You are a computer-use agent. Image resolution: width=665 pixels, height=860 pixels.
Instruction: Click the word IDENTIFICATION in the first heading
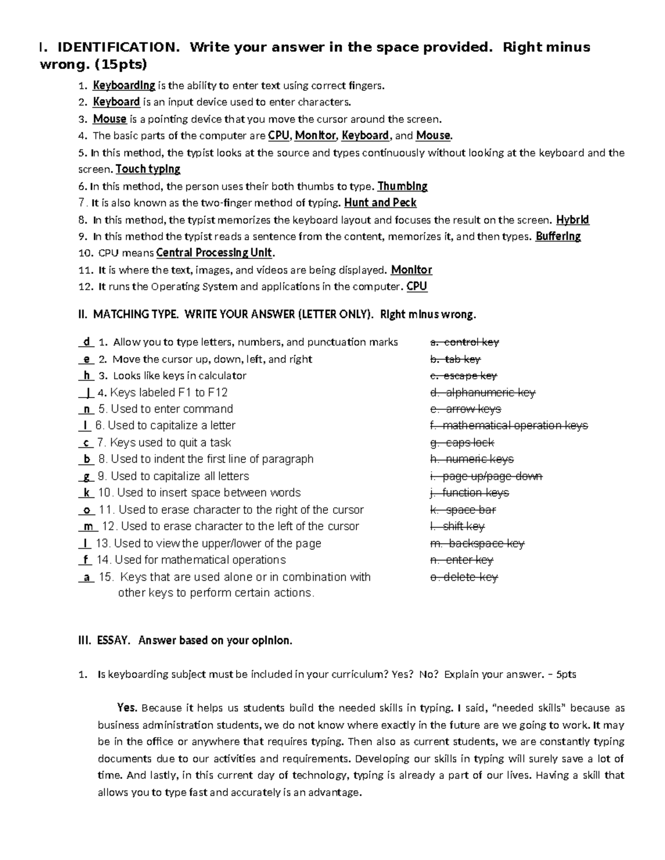pyautogui.click(x=119, y=48)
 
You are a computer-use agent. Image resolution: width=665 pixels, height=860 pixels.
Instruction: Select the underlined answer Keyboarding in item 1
pyautogui.click(x=124, y=85)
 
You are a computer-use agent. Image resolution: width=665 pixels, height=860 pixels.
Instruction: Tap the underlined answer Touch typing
pyautogui.click(x=148, y=169)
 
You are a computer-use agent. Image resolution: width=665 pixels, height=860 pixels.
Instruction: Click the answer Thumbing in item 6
pyautogui.click(x=402, y=186)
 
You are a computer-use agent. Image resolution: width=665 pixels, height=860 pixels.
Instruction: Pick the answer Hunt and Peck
pyautogui.click(x=380, y=203)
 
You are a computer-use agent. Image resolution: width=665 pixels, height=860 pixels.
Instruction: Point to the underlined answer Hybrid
pyautogui.click(x=572, y=220)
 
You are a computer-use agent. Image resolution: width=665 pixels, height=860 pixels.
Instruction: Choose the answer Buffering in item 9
pyautogui.click(x=558, y=236)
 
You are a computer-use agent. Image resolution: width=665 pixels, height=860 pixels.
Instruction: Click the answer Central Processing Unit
pyautogui.click(x=214, y=253)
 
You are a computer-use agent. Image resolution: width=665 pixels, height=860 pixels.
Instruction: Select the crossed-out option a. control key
pyautogui.click(x=464, y=342)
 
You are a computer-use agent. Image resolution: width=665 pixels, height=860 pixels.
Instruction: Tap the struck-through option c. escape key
pyautogui.click(x=463, y=375)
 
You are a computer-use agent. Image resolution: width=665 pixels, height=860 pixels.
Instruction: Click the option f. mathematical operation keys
pyautogui.click(x=509, y=425)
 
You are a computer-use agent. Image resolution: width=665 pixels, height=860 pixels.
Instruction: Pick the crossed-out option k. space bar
pyautogui.click(x=463, y=509)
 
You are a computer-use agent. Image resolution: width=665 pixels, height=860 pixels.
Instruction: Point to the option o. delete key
pyautogui.click(x=464, y=577)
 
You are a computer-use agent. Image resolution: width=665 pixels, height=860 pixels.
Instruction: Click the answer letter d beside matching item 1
pyautogui.click(x=86, y=342)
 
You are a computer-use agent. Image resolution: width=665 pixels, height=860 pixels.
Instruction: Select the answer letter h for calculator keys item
pyautogui.click(x=86, y=375)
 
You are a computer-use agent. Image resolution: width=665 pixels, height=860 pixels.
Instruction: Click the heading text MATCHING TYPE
pyautogui.click(x=135, y=315)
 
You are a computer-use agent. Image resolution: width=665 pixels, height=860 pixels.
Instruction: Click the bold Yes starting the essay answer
pyautogui.click(x=127, y=708)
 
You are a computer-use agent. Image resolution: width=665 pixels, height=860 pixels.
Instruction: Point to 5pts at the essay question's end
pyautogui.click(x=566, y=674)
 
